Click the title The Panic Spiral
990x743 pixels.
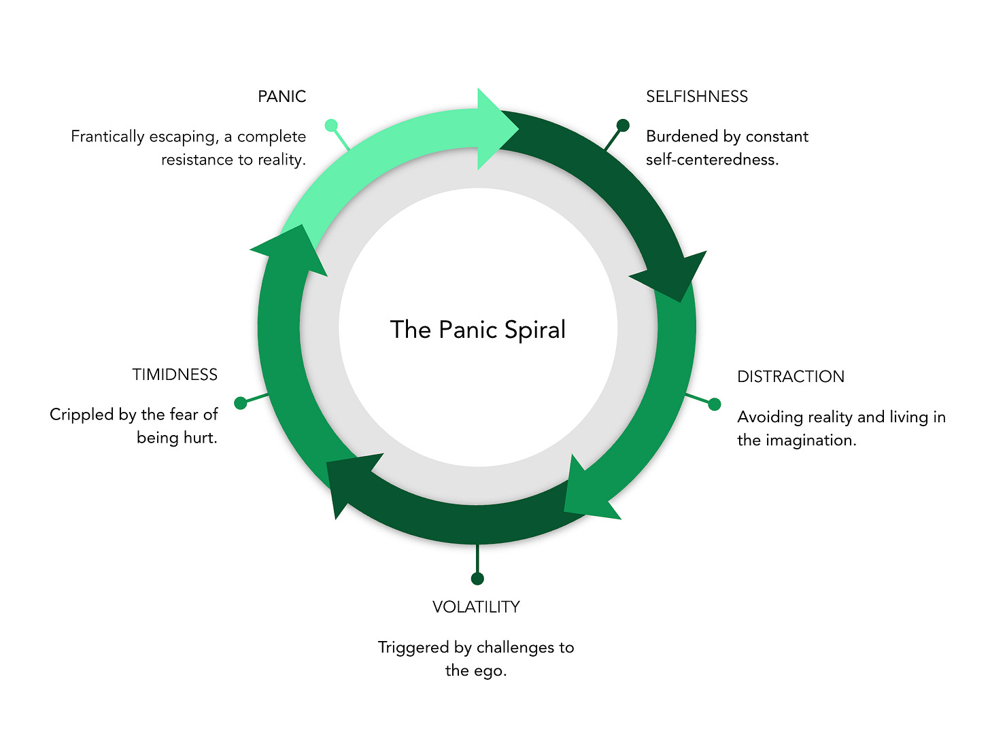coord(478,330)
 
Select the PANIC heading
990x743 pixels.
coord(281,97)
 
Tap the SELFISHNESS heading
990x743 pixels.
coord(696,97)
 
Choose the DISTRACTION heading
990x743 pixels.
coord(790,377)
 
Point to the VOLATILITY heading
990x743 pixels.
coord(476,607)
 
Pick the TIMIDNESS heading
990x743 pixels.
coord(175,375)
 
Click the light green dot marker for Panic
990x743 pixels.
coord(331,125)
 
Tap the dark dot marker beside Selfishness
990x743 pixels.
coord(622,125)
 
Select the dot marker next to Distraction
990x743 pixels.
coord(714,404)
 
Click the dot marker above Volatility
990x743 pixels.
coord(477,578)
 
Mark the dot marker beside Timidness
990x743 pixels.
coord(240,403)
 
